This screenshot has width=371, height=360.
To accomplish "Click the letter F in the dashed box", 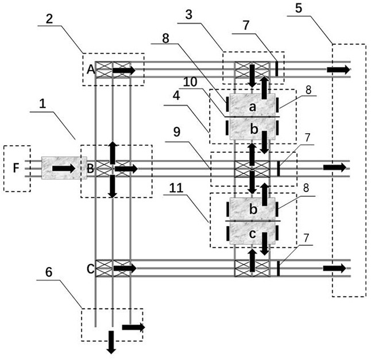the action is [16, 168].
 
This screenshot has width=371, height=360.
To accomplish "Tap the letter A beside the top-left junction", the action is [91, 69].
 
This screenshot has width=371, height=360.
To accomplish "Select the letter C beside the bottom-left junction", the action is [91, 269].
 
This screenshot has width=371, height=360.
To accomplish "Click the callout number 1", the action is [42, 103].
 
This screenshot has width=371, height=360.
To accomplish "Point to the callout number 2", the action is [49, 19].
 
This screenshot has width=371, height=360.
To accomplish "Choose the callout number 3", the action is [188, 15].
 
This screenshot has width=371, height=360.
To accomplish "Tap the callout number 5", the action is [299, 8].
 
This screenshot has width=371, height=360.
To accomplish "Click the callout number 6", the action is [48, 272].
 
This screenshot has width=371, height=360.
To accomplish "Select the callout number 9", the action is [177, 132].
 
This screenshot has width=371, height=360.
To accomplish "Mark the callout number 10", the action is [190, 82].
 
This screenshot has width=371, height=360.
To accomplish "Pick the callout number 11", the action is [176, 188].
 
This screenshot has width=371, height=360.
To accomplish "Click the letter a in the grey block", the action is [253, 107].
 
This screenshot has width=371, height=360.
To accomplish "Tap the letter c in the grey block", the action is [253, 234].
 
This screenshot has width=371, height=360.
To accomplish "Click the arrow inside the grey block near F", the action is [64, 168].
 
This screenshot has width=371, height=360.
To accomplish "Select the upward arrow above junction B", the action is [113, 152].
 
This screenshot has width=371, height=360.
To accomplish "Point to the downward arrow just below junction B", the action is [113, 186].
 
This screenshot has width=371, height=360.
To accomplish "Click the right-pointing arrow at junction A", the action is [124, 70].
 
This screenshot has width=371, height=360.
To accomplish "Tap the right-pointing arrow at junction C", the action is [125, 268].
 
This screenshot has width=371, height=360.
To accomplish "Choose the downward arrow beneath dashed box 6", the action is [111, 342].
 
